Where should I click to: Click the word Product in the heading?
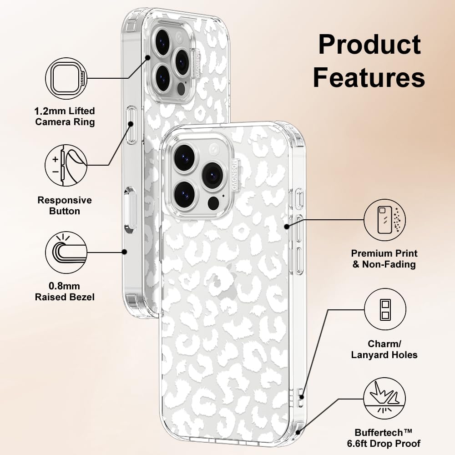(x=369, y=45)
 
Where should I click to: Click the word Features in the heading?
(x=369, y=77)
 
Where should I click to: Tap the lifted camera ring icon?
(x=66, y=78)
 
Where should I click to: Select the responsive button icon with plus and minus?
(x=66, y=166)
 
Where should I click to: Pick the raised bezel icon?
(x=66, y=252)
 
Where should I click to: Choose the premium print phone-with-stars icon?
(x=385, y=220)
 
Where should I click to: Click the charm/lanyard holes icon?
(x=385, y=309)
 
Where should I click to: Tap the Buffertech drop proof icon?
(x=385, y=399)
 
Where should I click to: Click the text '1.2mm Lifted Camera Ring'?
(x=65, y=116)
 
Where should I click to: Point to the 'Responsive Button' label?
(x=65, y=206)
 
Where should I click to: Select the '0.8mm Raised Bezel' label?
(x=65, y=291)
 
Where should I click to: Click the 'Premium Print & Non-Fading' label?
(x=384, y=258)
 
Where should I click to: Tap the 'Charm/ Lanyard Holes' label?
(x=384, y=349)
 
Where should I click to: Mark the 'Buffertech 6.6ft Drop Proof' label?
(x=384, y=438)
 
